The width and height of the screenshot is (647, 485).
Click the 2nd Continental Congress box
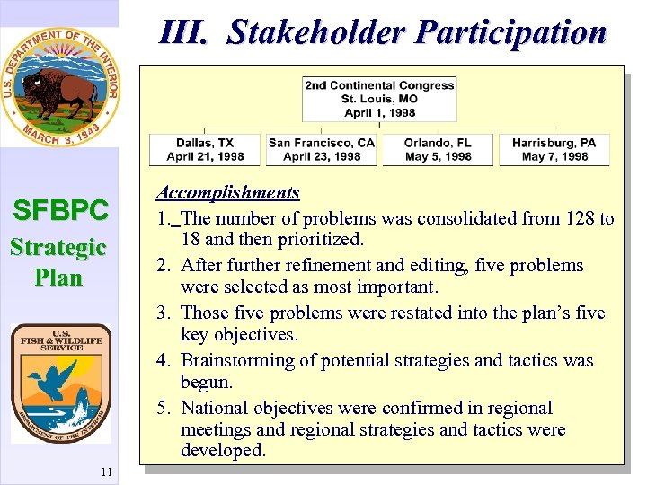(379, 99)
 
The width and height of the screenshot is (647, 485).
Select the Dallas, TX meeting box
(205, 149)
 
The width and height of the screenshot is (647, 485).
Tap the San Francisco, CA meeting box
(322, 149)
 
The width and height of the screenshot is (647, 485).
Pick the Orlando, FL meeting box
(438, 149)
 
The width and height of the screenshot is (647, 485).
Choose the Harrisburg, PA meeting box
(554, 149)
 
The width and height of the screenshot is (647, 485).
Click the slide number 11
(105, 473)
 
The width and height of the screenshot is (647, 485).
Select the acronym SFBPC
(60, 211)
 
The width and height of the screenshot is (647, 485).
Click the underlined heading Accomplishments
(227, 192)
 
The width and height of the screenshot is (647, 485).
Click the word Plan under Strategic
(59, 277)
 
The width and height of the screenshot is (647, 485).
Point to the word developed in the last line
(223, 450)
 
